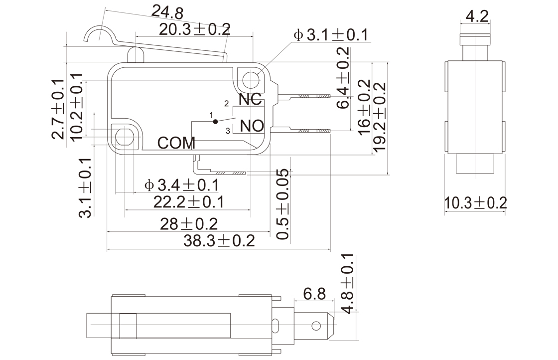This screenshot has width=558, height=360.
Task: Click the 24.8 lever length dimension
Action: click(x=167, y=12)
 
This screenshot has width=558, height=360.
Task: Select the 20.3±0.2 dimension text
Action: click(x=195, y=29)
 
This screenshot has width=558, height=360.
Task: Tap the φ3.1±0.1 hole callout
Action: click(x=331, y=35)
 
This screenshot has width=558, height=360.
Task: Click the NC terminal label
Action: click(x=250, y=99)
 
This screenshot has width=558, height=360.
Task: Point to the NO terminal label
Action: click(x=252, y=126)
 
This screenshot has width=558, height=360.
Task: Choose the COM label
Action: click(x=176, y=143)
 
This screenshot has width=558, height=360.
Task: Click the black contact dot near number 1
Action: click(x=215, y=122)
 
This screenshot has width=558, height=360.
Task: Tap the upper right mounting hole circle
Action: click(x=252, y=79)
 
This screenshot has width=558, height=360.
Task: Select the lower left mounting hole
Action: click(x=125, y=137)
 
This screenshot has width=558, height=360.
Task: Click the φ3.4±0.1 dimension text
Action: click(x=181, y=185)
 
